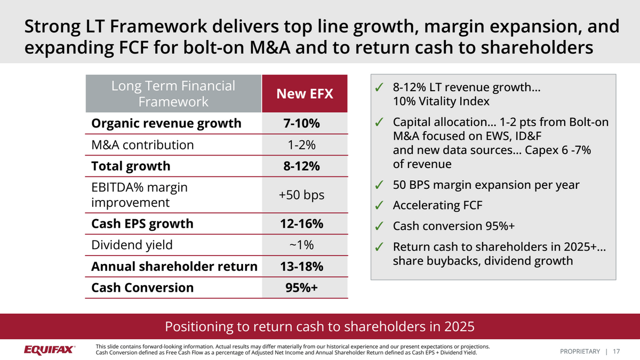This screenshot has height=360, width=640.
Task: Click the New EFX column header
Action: tap(305, 94)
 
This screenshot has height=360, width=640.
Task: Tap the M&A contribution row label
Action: tap(142, 145)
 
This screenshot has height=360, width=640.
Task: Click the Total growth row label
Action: tap(131, 166)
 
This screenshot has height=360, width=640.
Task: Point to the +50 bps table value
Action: tap(301, 195)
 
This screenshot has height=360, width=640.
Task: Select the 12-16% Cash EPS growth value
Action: tap(301, 223)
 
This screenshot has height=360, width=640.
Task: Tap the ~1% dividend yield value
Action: tap(301, 245)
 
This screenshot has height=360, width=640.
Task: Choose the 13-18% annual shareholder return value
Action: tap(301, 266)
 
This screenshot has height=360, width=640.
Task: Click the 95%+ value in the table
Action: tap(301, 287)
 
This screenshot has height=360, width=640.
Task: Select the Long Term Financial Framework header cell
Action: tap(173, 94)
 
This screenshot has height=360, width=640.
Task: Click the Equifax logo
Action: tap(49, 350)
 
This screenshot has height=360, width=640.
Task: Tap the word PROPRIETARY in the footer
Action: tap(580, 351)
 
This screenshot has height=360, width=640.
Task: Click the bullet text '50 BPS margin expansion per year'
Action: tap(486, 185)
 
